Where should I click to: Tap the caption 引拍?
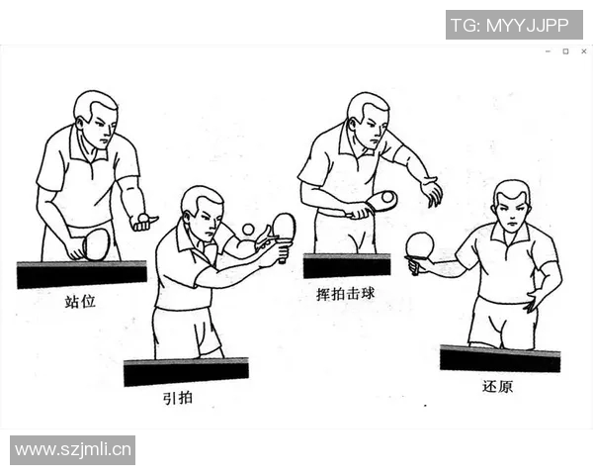pyautogui.click(x=179, y=398)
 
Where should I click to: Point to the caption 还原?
pyautogui.click(x=498, y=386)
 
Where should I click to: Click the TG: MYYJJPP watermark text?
pyautogui.click(x=514, y=25)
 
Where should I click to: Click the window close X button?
pyautogui.click(x=583, y=51)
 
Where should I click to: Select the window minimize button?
pyautogui.click(x=548, y=51)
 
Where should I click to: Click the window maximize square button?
pyautogui.click(x=565, y=51)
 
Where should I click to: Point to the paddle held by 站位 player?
pyautogui.click(x=96, y=243)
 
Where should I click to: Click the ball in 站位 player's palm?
pyautogui.click(x=144, y=217)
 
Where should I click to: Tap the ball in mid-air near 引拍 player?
pyautogui.click(x=248, y=230)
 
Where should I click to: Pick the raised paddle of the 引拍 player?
pyautogui.click(x=284, y=227)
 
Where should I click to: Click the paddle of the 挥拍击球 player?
pyautogui.click(x=381, y=201)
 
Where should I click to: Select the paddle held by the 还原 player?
pyautogui.click(x=420, y=244)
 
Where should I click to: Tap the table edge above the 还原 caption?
pyautogui.click(x=499, y=358)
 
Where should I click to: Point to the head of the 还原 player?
pyautogui.click(x=511, y=206)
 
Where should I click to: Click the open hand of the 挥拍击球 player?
pyautogui.click(x=431, y=191)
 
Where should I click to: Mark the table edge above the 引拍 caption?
pyautogui.click(x=186, y=372)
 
